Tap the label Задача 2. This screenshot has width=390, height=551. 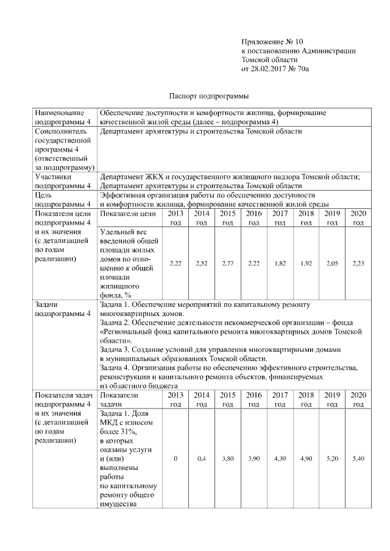(x=116, y=321)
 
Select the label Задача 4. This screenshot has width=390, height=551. (x=116, y=368)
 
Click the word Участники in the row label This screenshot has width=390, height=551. (x=54, y=177)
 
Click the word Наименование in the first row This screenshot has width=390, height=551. (x=60, y=113)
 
